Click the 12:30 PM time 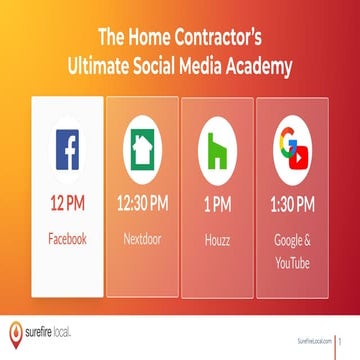[142, 205]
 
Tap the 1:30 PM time [292, 205]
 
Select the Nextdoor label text [142, 240]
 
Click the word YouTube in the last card [292, 263]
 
